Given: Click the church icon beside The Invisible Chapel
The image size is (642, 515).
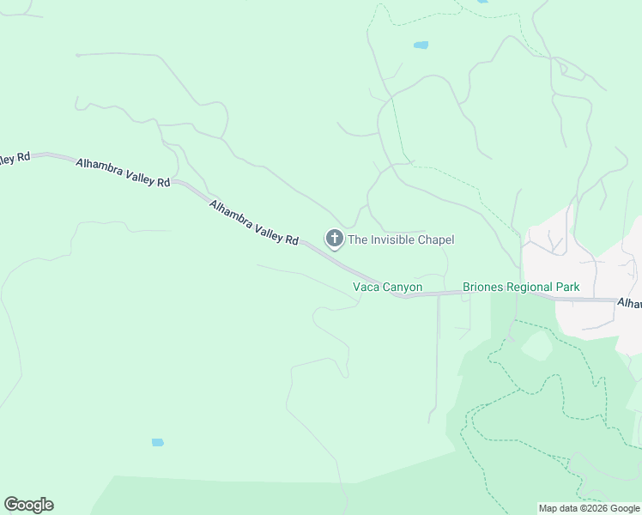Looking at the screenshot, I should (334, 239).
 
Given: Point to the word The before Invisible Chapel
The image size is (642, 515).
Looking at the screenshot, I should (358, 240).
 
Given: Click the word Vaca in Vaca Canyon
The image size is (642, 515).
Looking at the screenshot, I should (366, 287).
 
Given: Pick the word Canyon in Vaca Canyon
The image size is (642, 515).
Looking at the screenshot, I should (403, 287).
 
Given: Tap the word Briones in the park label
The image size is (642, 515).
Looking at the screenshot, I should (482, 287).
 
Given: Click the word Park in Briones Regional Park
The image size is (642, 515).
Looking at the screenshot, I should (567, 287).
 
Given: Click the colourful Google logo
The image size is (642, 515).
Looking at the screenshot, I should (28, 505).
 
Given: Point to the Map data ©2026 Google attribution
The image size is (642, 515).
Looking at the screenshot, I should (590, 508).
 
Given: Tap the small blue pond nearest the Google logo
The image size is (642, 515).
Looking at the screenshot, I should (157, 443).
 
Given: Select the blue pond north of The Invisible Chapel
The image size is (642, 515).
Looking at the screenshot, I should (421, 45).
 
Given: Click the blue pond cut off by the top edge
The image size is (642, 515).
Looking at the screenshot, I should (481, 2).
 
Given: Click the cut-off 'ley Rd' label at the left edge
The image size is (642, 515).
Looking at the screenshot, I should (15, 158).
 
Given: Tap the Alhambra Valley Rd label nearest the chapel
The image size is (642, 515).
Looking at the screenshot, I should (254, 221).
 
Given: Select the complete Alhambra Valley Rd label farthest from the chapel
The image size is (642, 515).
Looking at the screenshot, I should (123, 173).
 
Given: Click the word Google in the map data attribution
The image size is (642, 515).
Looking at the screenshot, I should (624, 508).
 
